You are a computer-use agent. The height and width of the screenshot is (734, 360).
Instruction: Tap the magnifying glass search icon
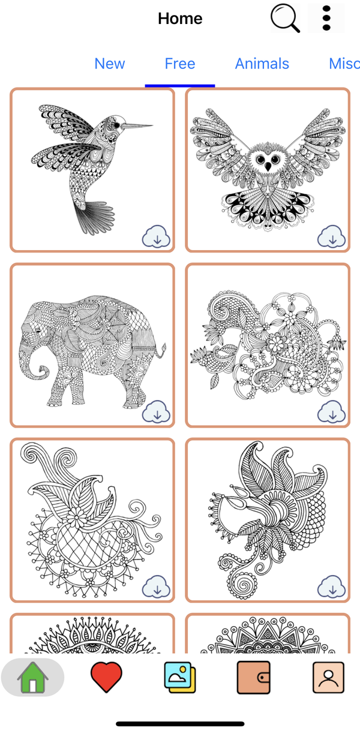[285, 19]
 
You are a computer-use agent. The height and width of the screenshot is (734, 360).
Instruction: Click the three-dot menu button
[326, 19]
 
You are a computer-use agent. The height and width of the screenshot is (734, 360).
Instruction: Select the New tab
[110, 64]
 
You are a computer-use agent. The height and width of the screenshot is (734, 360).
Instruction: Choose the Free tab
[180, 64]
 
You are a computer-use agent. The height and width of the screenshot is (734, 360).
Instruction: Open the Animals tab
[262, 64]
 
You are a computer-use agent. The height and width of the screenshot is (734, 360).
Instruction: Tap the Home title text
[180, 19]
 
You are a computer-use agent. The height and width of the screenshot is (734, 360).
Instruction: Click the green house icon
[33, 677]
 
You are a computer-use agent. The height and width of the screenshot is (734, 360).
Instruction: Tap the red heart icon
[106, 677]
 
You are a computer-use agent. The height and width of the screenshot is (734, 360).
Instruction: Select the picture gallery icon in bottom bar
[180, 677]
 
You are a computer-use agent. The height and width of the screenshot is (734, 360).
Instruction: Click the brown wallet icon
[254, 677]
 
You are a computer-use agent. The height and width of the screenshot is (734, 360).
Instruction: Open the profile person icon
[329, 677]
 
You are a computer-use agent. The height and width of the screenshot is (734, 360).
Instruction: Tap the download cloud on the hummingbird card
[156, 237]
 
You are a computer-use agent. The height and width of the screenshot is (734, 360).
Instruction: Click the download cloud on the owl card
[331, 237]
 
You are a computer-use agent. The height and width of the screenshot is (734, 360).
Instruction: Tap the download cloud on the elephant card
[156, 412]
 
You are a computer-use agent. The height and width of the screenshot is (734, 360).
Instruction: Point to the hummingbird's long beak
[139, 126]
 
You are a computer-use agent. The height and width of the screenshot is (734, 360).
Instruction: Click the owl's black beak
[268, 167]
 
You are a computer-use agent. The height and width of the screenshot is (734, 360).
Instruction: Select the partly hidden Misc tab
[344, 64]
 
